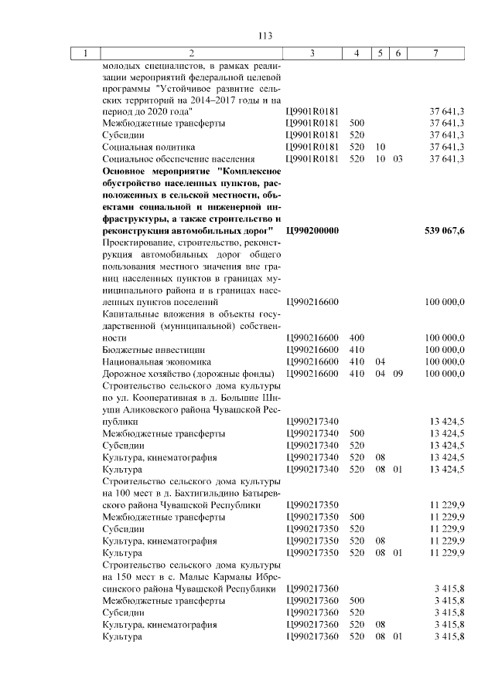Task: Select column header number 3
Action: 310,53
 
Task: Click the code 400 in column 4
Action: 357,338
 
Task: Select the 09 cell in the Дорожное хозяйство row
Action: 398,374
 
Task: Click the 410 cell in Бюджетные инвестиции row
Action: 357,350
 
